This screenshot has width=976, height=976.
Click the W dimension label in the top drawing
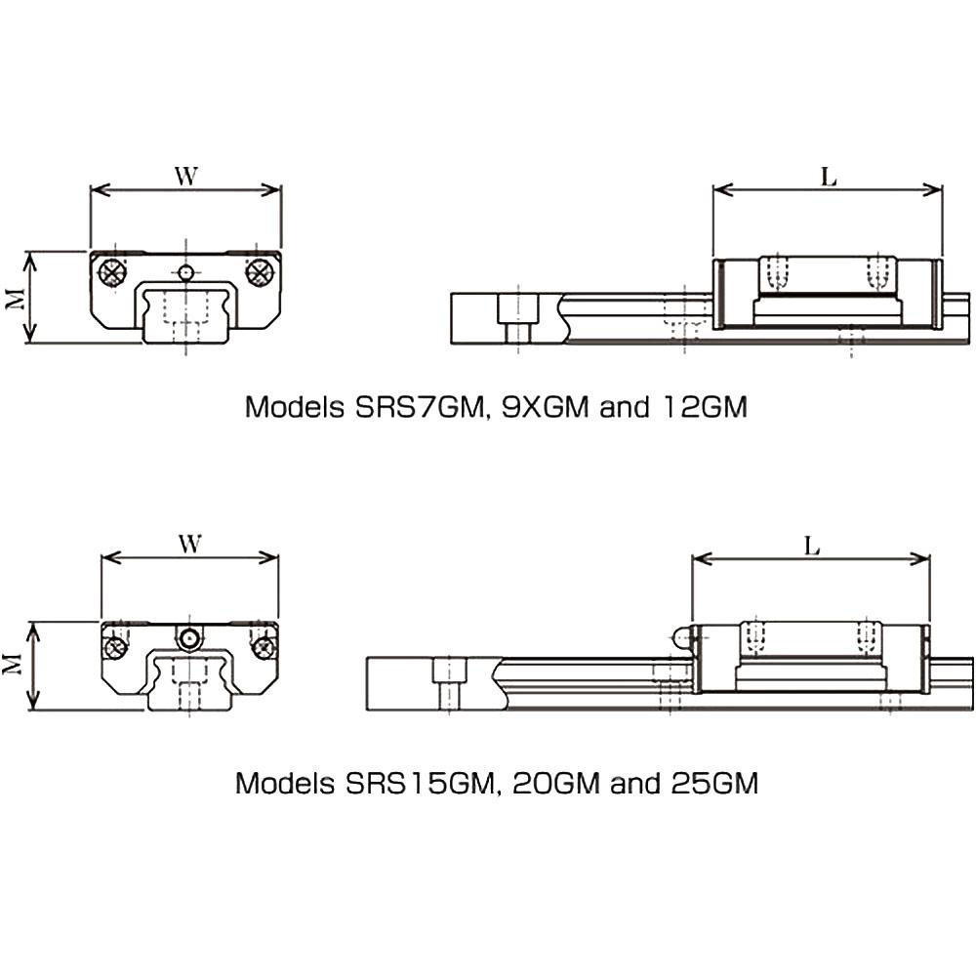click(185, 176)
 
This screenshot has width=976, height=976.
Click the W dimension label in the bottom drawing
click(190, 544)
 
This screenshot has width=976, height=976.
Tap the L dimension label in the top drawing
click(829, 177)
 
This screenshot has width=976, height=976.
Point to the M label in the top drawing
click(15, 297)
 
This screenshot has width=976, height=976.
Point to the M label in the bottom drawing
click(15, 665)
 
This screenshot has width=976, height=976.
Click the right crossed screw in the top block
click(259, 272)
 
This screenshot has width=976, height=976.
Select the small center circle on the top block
click(186, 271)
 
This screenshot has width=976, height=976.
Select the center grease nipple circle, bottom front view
click(188, 638)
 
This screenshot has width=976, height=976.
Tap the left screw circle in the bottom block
click(117, 646)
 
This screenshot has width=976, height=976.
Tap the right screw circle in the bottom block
click(262, 646)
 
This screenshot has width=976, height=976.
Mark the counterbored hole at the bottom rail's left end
click(449, 683)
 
